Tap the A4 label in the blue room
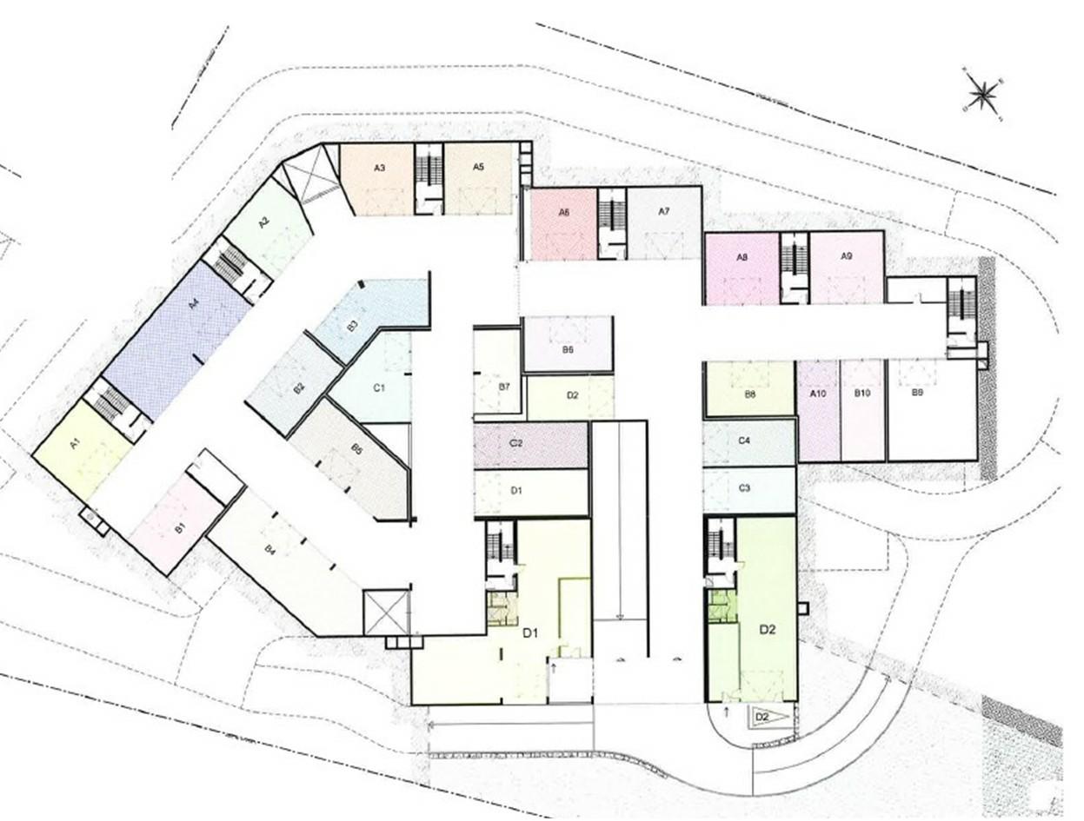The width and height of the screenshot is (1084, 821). (195, 304)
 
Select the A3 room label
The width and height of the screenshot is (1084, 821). (380, 168)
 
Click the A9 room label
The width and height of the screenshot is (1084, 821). (848, 255)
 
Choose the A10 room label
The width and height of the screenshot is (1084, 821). (817, 394)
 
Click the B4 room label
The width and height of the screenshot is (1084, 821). (270, 549)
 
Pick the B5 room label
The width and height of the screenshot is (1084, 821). (356, 449)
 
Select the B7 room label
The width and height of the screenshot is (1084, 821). (504, 386)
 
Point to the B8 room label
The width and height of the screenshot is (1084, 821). (749, 394)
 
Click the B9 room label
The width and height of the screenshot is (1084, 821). (917, 394)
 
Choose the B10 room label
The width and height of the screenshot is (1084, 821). (862, 394)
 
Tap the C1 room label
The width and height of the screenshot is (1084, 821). (379, 387)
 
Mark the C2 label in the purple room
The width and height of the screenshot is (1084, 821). (515, 443)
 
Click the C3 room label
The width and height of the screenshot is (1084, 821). (744, 488)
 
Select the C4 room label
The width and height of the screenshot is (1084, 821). (744, 440)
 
